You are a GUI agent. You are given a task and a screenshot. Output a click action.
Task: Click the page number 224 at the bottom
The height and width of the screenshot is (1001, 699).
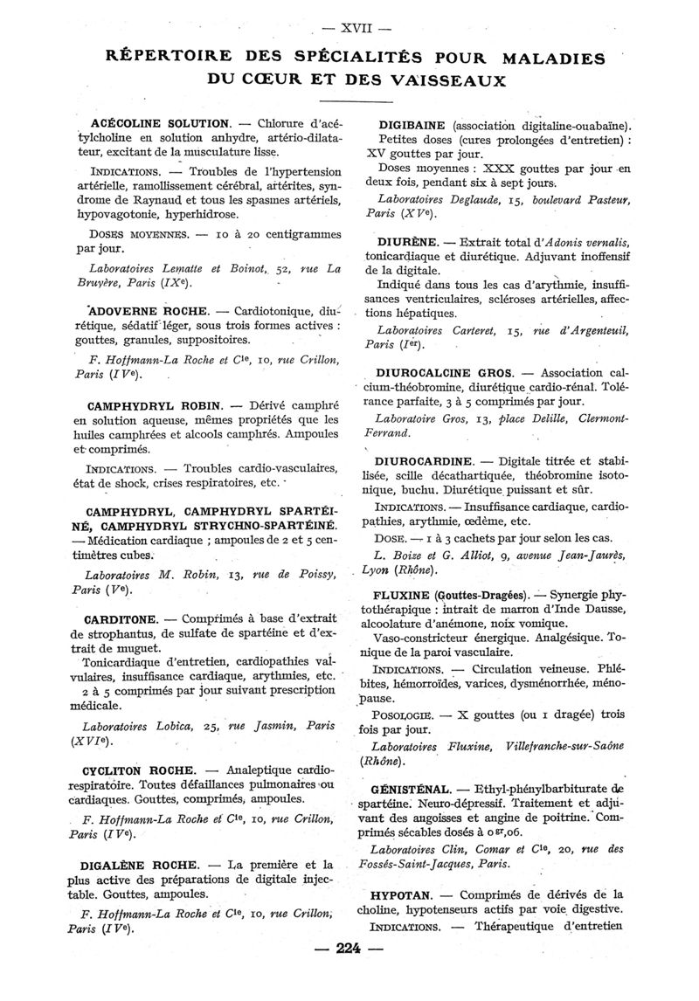[x=348, y=951]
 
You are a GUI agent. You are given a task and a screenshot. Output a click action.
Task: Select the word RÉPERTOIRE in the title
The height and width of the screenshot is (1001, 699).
[x=169, y=59]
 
